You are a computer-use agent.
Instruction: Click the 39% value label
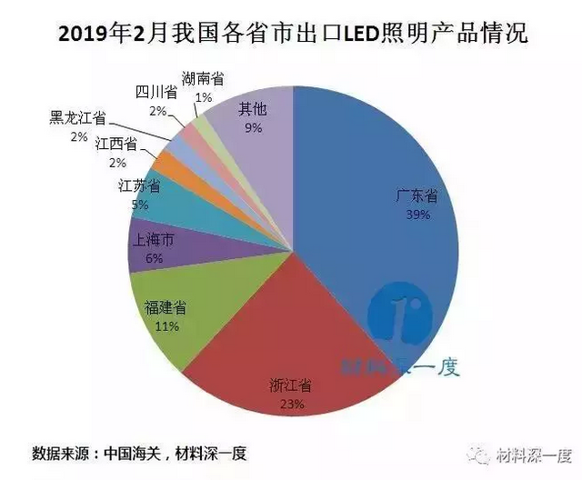[x=416, y=215]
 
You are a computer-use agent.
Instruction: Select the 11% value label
[x=166, y=326]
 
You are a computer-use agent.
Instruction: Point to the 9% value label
[x=253, y=128]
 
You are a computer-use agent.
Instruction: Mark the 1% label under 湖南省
[x=204, y=96]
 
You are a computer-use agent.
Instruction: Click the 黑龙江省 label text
[x=77, y=119]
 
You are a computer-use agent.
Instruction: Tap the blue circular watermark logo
[x=397, y=315]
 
